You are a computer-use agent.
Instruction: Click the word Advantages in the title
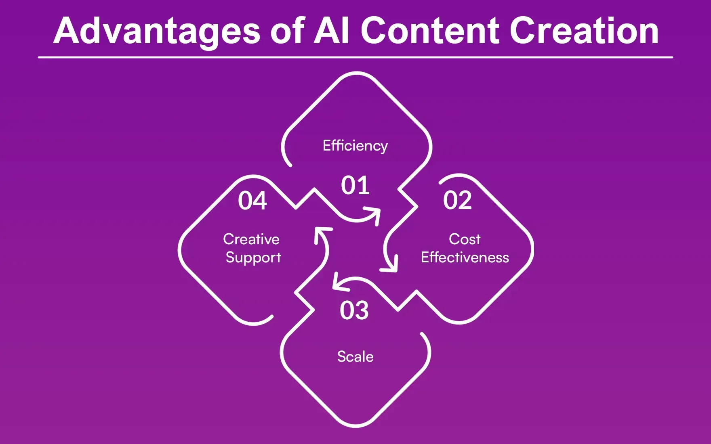(x=157, y=31)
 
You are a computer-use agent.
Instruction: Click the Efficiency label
(x=355, y=146)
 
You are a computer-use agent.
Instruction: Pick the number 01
(x=355, y=185)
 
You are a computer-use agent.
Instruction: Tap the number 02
(x=457, y=200)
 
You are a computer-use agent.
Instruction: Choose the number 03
(x=354, y=310)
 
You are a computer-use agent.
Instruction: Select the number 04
(x=252, y=201)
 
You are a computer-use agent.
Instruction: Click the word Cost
(x=465, y=239)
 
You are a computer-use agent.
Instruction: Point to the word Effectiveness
(x=465, y=258)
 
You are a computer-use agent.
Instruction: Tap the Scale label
(x=355, y=356)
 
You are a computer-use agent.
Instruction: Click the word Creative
(x=251, y=239)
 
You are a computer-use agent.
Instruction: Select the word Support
(x=253, y=258)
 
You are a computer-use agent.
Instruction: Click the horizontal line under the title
(x=355, y=57)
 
